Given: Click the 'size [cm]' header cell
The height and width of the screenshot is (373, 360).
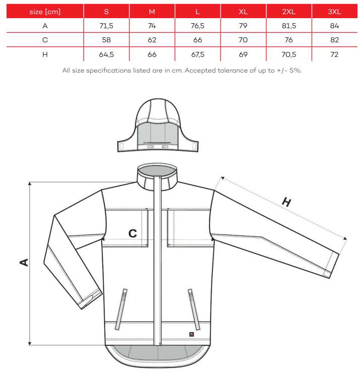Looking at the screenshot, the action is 45,12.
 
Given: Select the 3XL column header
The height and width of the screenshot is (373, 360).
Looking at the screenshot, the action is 334,12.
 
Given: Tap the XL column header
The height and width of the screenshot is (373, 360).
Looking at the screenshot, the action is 243,12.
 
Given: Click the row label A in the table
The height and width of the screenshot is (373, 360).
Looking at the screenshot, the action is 45,26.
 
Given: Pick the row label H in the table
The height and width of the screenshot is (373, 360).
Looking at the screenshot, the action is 45,54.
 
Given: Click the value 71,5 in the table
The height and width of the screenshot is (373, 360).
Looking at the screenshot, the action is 106,26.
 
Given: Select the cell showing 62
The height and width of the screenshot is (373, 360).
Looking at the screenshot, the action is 152,40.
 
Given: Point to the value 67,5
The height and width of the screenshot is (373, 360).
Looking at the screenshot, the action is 197,54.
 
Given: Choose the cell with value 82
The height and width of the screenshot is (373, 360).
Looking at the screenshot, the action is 334,40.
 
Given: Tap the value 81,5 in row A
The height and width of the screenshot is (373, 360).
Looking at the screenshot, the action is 289,26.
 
